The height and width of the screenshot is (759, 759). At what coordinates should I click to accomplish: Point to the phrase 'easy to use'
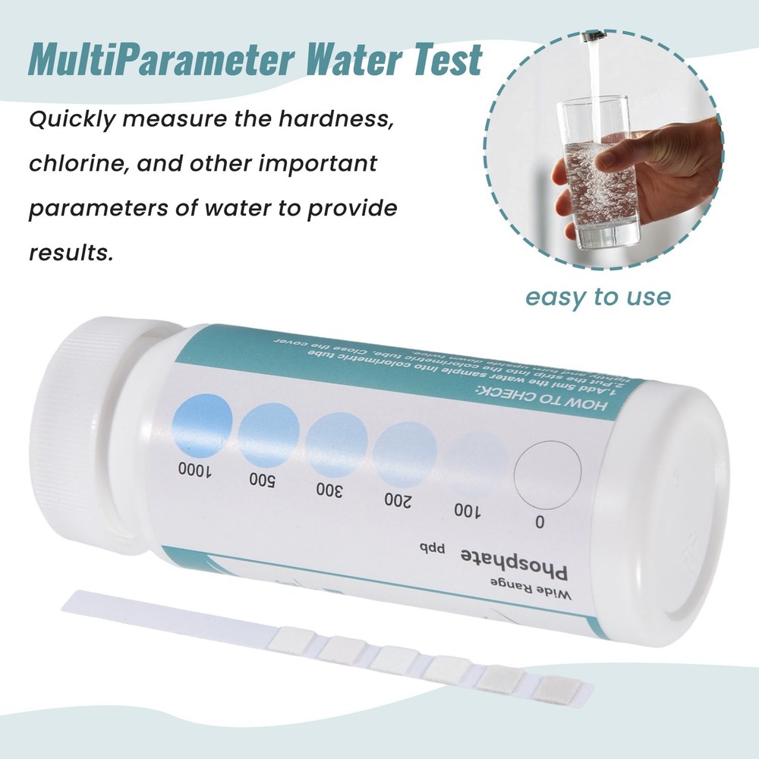click(598, 296)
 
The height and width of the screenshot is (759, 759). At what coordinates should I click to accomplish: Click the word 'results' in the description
click(70, 252)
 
